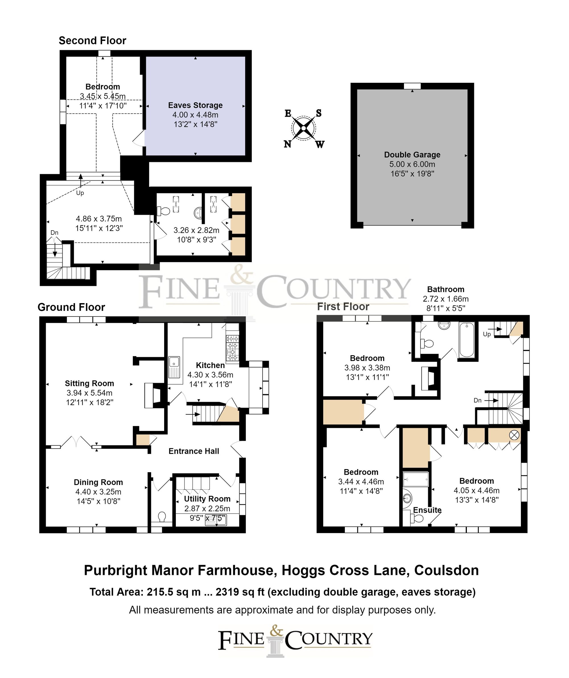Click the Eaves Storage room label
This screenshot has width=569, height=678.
pyautogui.click(x=195, y=105)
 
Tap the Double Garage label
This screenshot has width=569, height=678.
pyautogui.click(x=412, y=155)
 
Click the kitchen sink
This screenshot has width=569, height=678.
pyautogui.click(x=174, y=367)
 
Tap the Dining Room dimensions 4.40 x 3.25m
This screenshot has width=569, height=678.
pyautogui.click(x=98, y=492)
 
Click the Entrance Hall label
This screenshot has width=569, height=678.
pyautogui.click(x=194, y=451)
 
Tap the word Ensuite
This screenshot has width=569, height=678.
pyautogui.click(x=427, y=510)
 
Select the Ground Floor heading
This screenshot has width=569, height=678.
pyautogui.click(x=71, y=307)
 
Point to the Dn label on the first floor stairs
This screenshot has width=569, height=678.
pyautogui.click(x=477, y=400)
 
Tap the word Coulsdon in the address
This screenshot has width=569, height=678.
pyautogui.click(x=446, y=570)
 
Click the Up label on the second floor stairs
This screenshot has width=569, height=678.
pyautogui.click(x=80, y=193)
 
